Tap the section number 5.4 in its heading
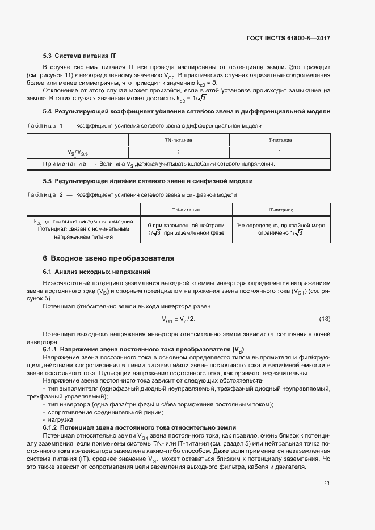(x=48, y=112)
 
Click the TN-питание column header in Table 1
(x=178, y=139)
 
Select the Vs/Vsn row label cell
(x=78, y=152)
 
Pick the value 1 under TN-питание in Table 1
(x=178, y=152)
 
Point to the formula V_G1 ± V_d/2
(x=178, y=319)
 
